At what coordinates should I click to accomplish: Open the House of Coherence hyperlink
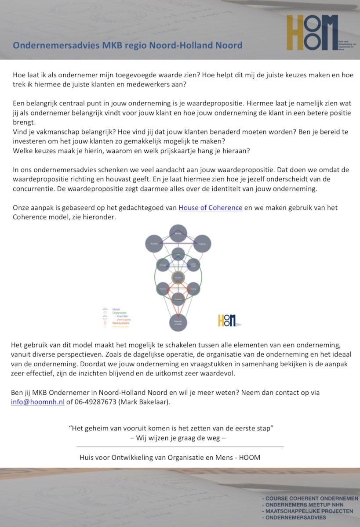[210, 208]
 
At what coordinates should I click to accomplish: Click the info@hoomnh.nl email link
[38, 402]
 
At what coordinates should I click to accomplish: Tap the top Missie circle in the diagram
[178, 233]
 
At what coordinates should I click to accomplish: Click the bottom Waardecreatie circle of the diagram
[178, 323]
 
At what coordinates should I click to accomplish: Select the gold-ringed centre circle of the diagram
[178, 277]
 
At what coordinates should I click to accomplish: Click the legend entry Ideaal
[116, 309]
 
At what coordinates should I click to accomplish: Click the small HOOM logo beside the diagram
[227, 321]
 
